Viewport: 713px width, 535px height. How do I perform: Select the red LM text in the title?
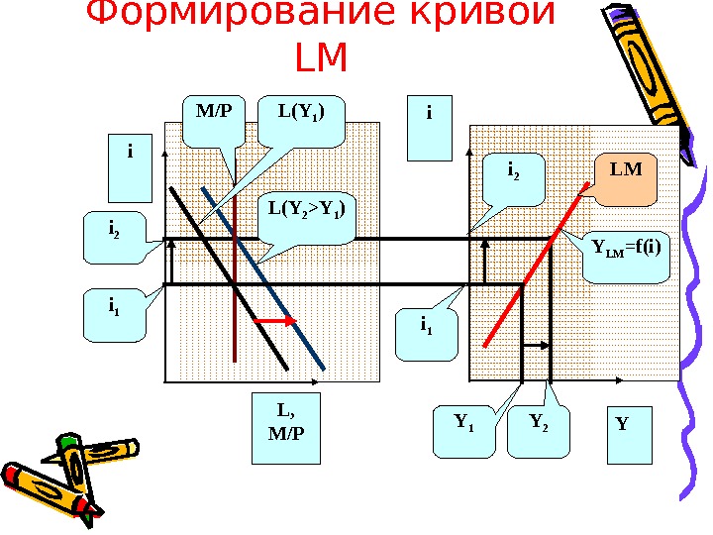(322, 59)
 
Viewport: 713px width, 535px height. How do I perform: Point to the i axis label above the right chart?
(429, 127)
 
